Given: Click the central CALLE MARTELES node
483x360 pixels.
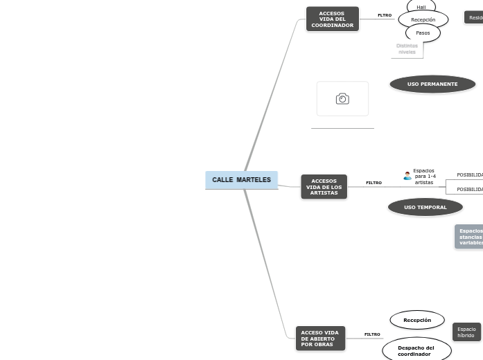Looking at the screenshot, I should [x=241, y=180].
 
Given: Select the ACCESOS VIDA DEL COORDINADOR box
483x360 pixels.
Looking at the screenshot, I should [x=332, y=19].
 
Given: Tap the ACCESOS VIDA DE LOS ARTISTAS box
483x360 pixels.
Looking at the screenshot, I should [x=324, y=187].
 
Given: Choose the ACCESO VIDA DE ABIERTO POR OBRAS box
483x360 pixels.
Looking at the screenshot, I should [x=319, y=339].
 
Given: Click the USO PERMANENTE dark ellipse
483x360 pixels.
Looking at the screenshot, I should [x=432, y=84].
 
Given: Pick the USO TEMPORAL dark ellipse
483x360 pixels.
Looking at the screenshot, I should [x=425, y=207].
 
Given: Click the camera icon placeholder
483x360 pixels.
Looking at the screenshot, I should [x=342, y=99].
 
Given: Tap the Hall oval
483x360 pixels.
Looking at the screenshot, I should [x=421, y=7].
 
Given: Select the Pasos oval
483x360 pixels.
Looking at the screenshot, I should [x=423, y=33].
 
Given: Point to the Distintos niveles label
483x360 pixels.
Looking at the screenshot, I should [x=407, y=48].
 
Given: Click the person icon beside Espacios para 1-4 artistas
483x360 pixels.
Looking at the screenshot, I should [x=407, y=176].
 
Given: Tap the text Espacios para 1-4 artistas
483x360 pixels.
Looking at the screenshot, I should [x=424, y=177].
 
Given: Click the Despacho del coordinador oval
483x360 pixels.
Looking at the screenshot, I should [x=416, y=350].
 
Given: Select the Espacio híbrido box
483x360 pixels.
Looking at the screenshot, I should [x=466, y=332].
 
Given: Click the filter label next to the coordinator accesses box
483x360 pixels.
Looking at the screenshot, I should [x=385, y=15].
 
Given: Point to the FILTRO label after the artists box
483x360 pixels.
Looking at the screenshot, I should [x=374, y=183].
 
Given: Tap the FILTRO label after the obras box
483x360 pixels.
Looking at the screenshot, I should [x=372, y=334].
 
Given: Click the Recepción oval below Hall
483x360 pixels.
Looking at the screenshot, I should [x=423, y=20].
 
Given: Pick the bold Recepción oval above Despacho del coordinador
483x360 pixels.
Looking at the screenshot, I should [x=417, y=320].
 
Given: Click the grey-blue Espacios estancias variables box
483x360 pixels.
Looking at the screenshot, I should [x=470, y=237].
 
